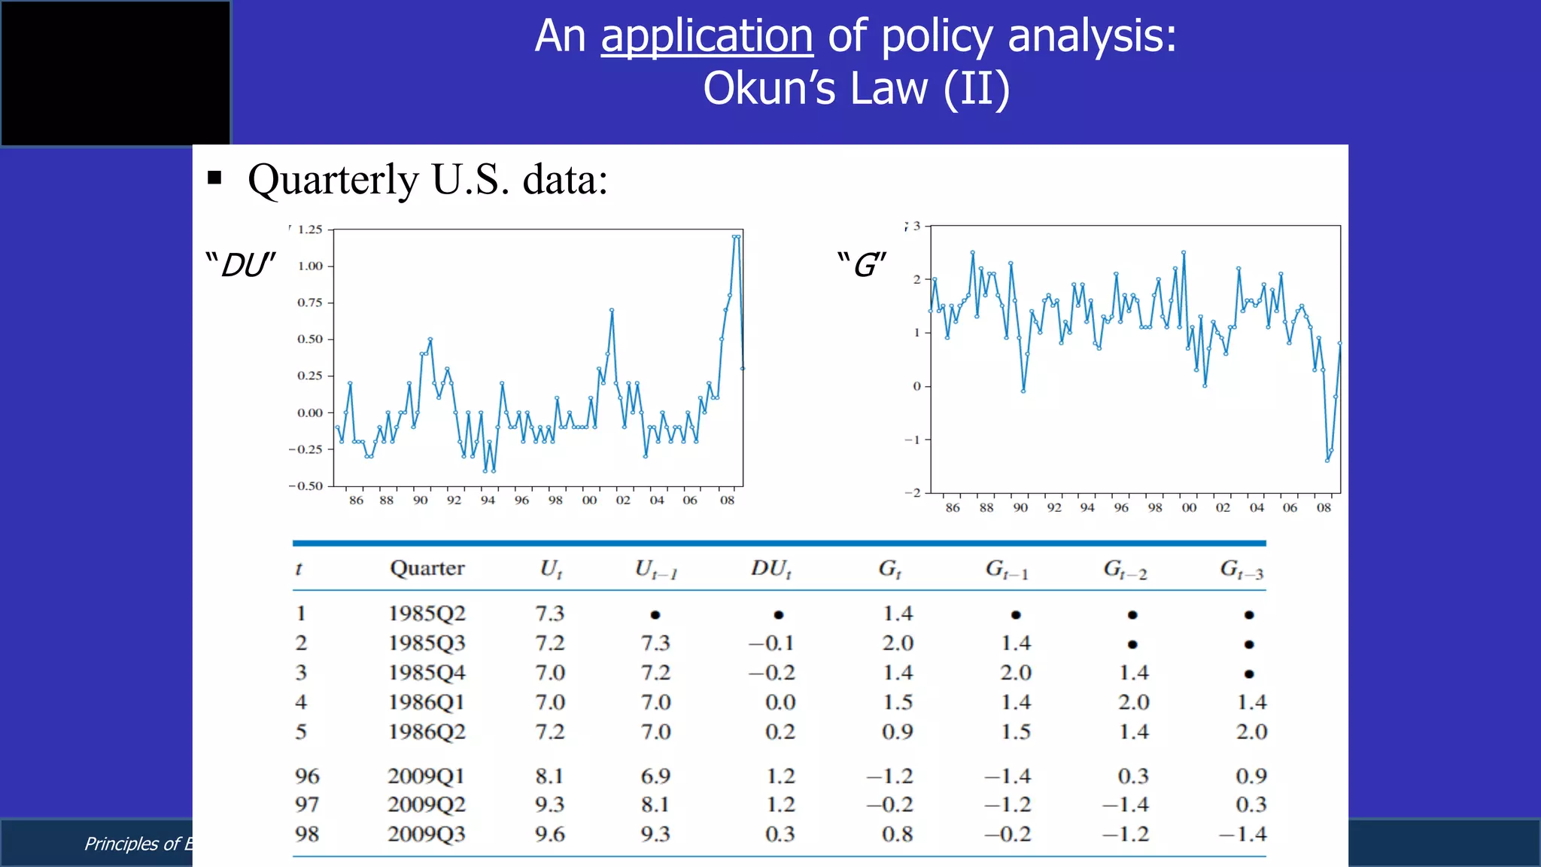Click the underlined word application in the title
[707, 36]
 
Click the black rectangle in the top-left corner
[115, 72]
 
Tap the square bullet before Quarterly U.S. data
[214, 178]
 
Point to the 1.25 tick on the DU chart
[309, 230]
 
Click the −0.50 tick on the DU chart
[306, 485]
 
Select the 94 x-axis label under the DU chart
[488, 500]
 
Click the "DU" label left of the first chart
[241, 265]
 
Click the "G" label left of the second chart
[862, 265]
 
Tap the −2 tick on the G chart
[913, 492]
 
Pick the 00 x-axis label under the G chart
[1189, 508]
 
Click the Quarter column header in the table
[427, 568]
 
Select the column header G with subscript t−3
[1242, 570]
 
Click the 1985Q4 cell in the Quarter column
[427, 673]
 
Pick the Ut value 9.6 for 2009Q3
[549, 834]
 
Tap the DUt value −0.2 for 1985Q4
[772, 673]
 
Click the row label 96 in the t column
[307, 776]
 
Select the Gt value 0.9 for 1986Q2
[898, 732]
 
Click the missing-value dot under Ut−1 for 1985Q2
[655, 615]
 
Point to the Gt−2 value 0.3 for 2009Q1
[1132, 776]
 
